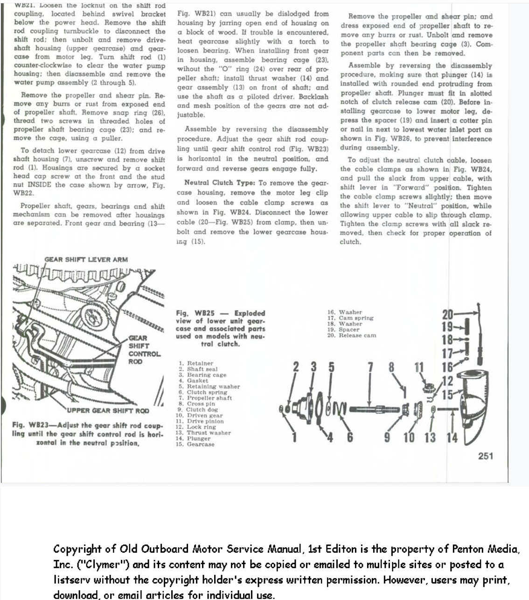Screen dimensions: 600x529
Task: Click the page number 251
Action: (485, 456)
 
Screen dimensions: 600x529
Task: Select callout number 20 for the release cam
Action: (447, 315)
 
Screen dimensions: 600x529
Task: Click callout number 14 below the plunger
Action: (452, 438)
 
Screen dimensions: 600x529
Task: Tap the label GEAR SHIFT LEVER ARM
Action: (86, 260)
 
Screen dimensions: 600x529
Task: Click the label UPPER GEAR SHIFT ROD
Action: (108, 411)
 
